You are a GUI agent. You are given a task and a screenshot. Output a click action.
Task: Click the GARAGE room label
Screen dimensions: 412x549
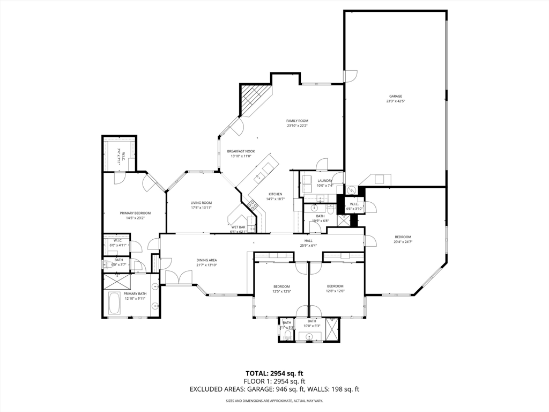396,97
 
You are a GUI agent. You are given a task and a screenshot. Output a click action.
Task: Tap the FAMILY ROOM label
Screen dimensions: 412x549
297,121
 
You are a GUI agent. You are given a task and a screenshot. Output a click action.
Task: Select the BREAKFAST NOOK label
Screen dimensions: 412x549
241,151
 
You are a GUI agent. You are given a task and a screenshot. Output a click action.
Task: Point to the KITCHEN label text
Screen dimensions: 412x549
276,194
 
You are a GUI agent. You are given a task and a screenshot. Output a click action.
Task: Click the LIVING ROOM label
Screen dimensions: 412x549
201,203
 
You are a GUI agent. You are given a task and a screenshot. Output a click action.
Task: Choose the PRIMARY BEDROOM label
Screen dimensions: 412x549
135,213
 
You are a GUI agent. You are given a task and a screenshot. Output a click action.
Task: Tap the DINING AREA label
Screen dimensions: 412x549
206,260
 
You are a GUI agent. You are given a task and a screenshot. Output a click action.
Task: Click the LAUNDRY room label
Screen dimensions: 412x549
325,181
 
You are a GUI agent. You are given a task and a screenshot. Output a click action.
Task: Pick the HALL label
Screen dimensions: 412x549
309,241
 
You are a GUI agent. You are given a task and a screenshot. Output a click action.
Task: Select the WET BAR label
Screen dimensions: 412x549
239,227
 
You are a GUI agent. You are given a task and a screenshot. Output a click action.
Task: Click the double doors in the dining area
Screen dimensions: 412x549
179,277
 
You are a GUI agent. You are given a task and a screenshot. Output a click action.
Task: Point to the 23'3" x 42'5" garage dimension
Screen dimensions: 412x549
396,101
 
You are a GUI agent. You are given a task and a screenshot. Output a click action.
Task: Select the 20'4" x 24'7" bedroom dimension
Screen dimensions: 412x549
403,242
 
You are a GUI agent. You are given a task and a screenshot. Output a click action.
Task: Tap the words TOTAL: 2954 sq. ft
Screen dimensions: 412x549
274,373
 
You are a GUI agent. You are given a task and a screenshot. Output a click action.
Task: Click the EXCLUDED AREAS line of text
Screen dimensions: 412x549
274,389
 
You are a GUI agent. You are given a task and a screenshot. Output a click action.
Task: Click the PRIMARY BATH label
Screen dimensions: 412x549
135,293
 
